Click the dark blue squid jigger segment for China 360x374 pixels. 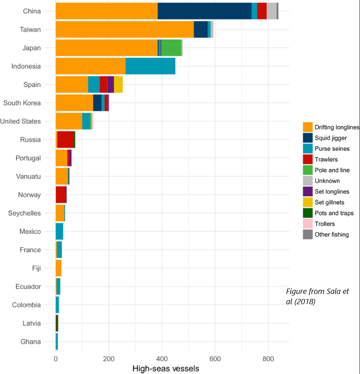204,11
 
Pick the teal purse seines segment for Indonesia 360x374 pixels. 150,66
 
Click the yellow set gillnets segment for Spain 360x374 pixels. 118,85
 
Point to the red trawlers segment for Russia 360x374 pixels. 65,140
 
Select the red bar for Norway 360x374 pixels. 61,195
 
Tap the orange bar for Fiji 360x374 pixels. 58,268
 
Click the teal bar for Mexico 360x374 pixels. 59,231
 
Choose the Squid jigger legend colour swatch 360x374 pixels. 308,138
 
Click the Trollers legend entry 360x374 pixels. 325,224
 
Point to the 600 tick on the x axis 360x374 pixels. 215,358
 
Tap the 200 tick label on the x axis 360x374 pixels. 108,358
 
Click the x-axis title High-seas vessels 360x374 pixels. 166,368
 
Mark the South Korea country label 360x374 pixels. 22,103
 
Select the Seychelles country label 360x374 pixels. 25,213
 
